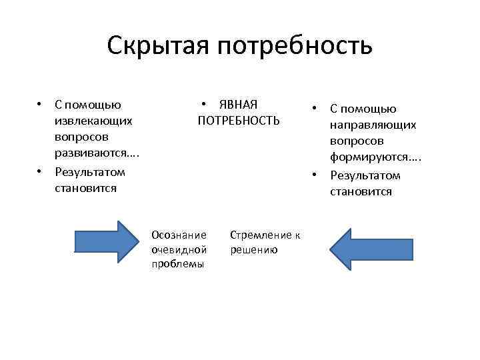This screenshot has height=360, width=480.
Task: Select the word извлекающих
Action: tap(93, 121)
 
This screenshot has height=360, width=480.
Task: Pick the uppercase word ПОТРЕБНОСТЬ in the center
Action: tap(239, 121)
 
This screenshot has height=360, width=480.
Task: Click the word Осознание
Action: tap(179, 235)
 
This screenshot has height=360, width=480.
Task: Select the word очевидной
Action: tap(179, 249)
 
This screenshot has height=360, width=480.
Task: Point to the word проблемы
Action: tap(177, 264)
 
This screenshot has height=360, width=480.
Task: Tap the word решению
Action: tap(253, 249)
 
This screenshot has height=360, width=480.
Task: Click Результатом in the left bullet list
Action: tap(90, 171)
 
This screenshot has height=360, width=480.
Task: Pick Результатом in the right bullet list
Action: tap(365, 175)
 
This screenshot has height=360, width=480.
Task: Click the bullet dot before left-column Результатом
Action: tap(41, 171)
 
